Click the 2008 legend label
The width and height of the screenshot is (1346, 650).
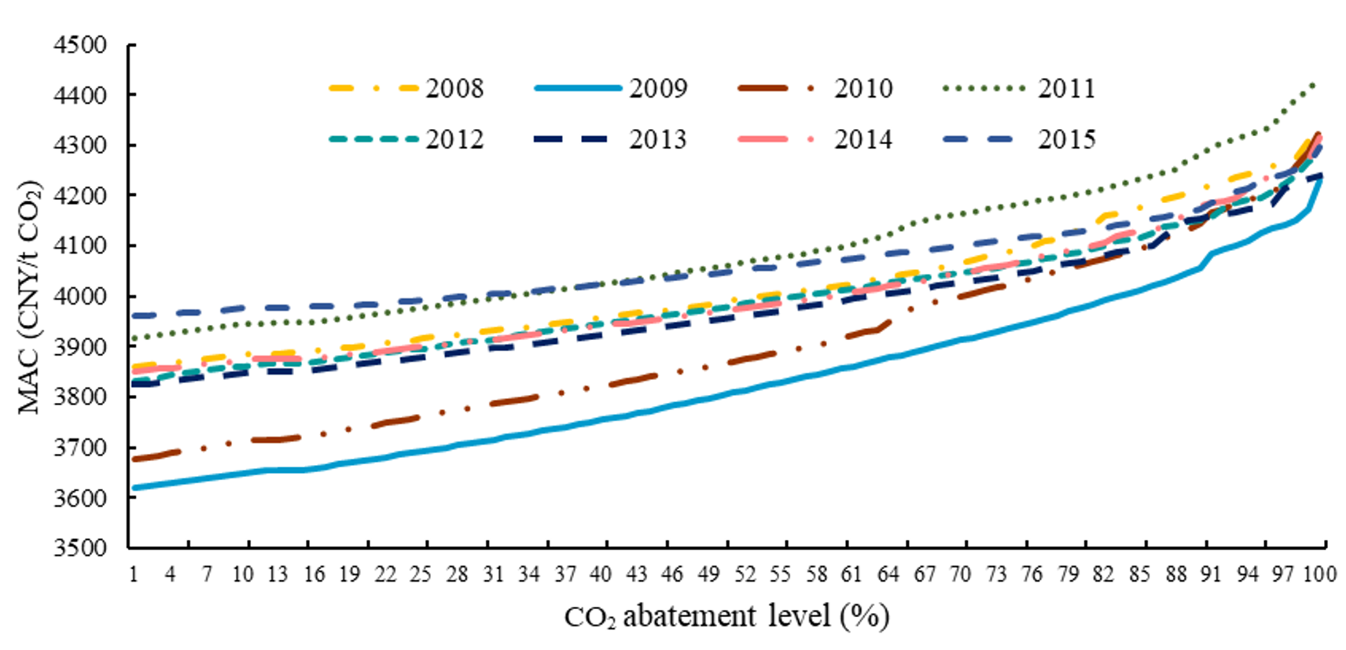(454, 88)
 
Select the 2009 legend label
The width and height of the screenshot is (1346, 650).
(658, 88)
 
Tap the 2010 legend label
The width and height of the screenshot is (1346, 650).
(863, 88)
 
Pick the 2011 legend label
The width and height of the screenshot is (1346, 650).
(1066, 88)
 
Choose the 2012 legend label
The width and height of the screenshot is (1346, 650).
(454, 139)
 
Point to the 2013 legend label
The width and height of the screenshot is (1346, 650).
(658, 139)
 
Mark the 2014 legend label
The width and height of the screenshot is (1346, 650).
(863, 139)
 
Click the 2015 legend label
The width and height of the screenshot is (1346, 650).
(1066, 139)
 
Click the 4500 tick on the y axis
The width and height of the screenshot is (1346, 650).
(80, 45)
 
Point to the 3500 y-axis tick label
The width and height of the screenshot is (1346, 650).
(80, 548)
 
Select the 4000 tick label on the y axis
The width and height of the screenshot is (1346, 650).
(80, 297)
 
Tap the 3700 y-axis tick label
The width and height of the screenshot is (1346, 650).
(80, 448)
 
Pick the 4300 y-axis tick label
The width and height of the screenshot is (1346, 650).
(80, 146)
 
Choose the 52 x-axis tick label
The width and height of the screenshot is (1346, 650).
(745, 574)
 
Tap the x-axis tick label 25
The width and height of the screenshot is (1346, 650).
(421, 574)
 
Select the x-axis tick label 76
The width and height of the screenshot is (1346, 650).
(1032, 574)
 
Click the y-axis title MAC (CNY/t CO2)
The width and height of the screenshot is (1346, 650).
(30, 297)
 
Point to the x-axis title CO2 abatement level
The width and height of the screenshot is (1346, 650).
(726, 616)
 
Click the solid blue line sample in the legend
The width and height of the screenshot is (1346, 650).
(578, 88)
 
